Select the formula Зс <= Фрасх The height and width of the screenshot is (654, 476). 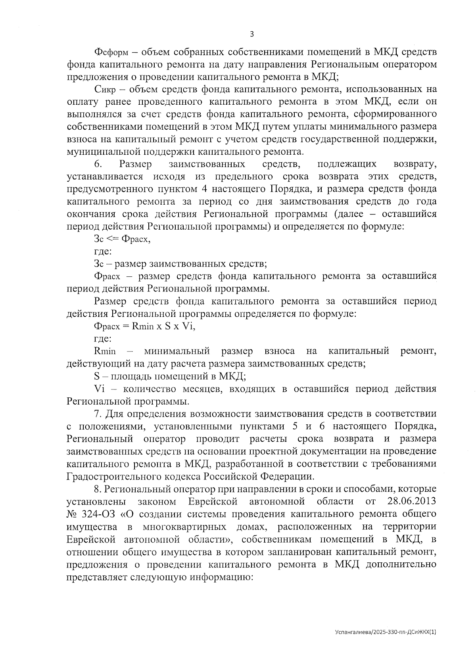(x=122, y=239)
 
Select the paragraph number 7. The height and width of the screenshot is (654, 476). (x=98, y=414)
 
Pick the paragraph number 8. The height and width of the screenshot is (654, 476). (x=98, y=489)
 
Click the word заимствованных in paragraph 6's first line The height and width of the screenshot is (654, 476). (x=206, y=164)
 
